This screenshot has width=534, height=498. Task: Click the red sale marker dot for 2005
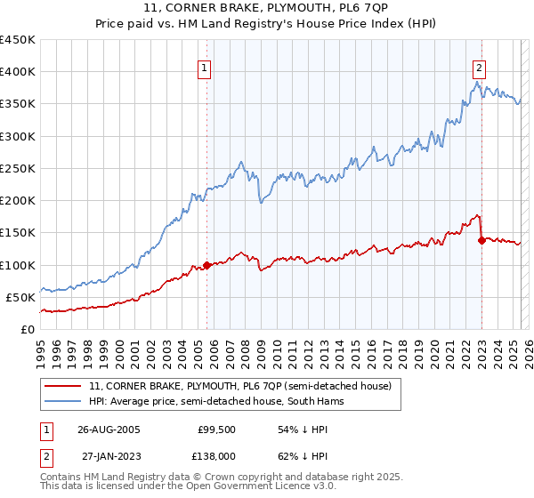(207, 265)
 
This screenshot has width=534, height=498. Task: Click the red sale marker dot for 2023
(481, 240)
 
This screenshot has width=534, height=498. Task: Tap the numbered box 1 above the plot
(205, 67)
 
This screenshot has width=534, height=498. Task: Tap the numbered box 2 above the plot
(479, 67)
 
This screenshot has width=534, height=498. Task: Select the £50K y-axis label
(20, 297)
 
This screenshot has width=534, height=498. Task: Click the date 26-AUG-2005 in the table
(109, 429)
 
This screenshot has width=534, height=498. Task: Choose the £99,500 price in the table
(214, 429)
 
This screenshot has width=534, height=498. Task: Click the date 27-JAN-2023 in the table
(109, 455)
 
